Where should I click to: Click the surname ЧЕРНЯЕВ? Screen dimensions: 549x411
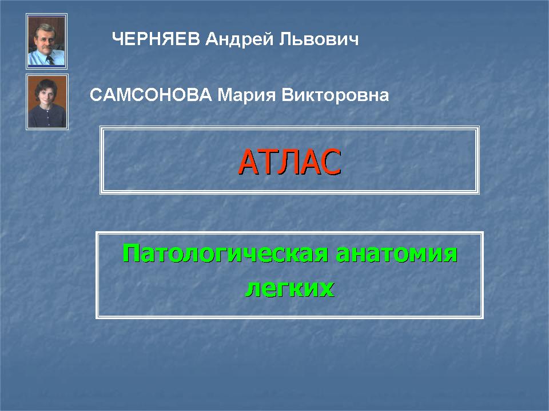click(x=156, y=39)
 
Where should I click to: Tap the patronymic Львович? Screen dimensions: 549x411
click(x=319, y=39)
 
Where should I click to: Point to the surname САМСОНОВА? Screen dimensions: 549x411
click(x=151, y=95)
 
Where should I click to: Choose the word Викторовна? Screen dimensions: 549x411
click(x=335, y=95)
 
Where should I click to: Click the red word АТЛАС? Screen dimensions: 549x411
click(x=289, y=162)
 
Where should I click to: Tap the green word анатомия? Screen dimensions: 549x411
click(x=396, y=254)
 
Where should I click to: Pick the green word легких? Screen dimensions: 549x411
click(x=289, y=289)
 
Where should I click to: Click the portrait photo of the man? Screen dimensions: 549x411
click(x=46, y=41)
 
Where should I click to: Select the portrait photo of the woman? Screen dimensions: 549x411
click(x=47, y=102)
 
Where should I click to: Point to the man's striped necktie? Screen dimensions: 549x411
click(x=50, y=60)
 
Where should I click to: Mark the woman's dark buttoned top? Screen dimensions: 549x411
click(x=47, y=116)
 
